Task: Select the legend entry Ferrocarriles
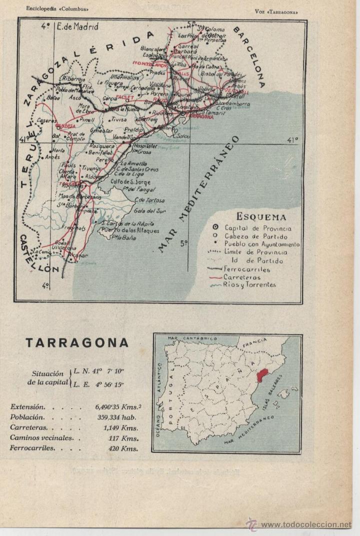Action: coord(246,269)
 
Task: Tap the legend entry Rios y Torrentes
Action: coord(249,285)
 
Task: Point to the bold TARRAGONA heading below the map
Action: coord(77,343)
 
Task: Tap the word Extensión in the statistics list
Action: coord(27,407)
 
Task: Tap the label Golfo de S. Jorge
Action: coord(127,181)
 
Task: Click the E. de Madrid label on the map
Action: coord(77,27)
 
